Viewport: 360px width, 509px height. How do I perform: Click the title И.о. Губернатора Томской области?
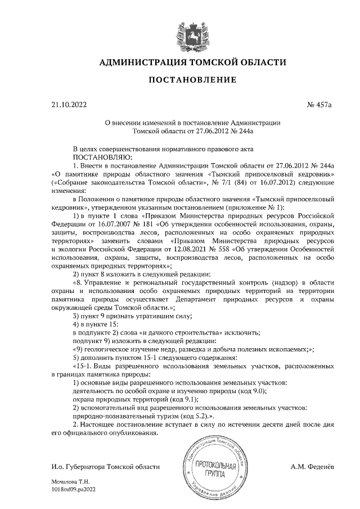click(x=105, y=467)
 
